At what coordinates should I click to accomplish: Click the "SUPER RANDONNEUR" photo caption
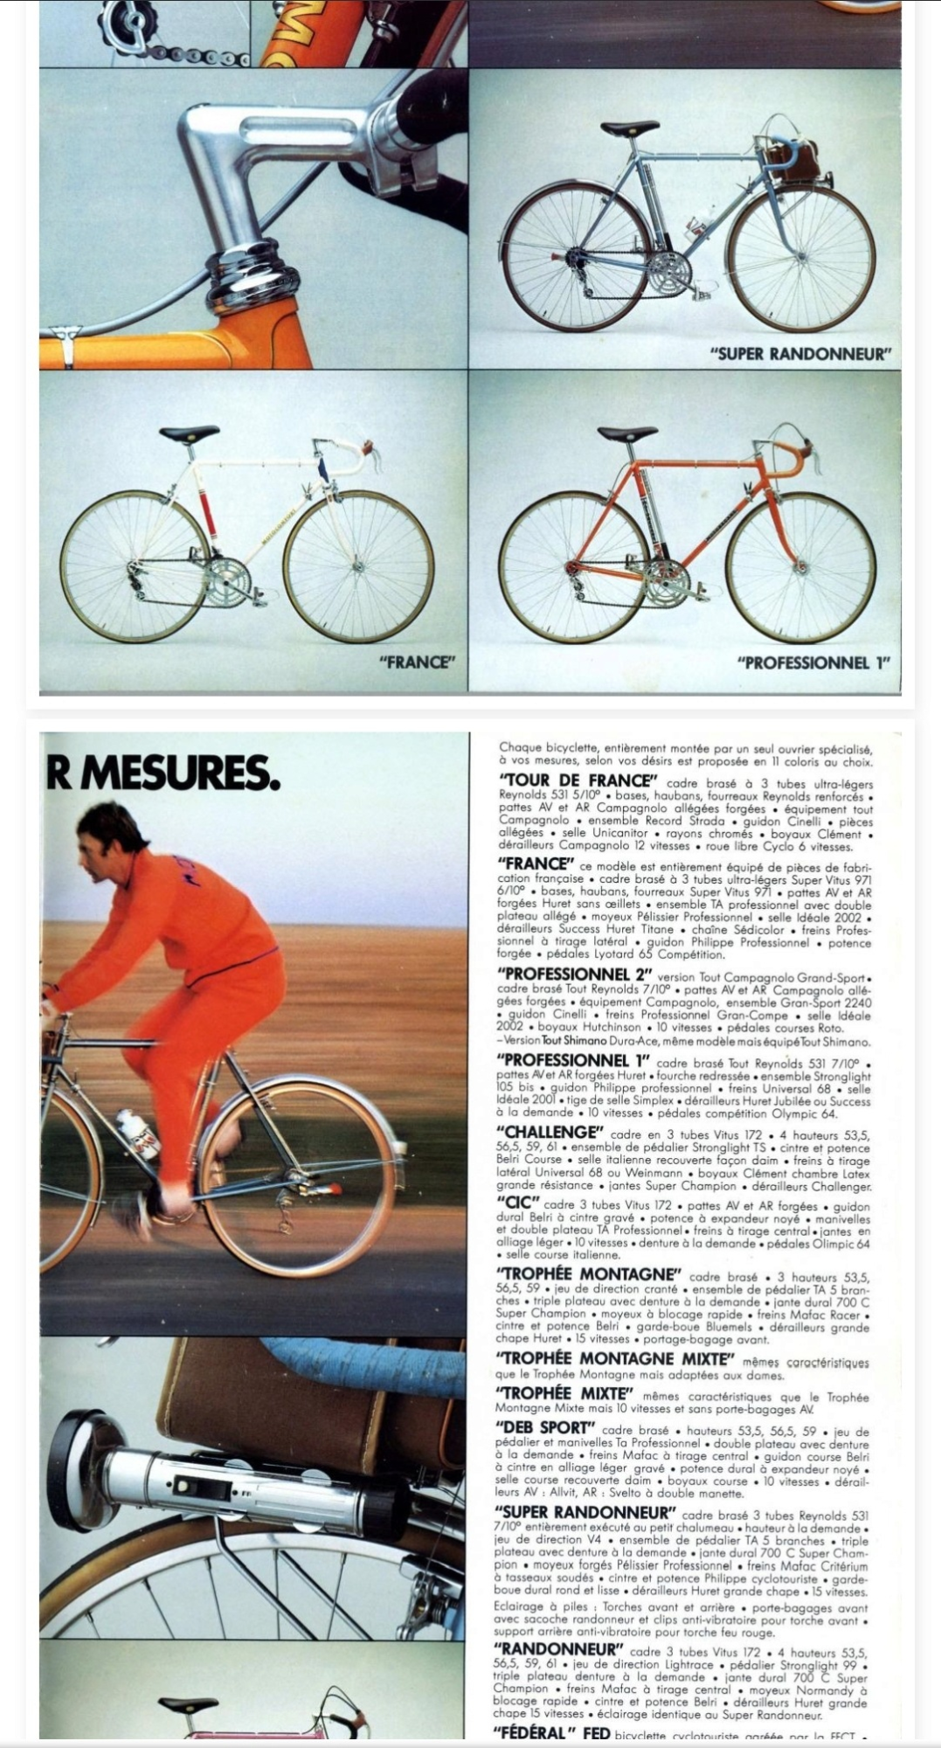(x=799, y=354)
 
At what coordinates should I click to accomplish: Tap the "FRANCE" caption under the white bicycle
(x=417, y=662)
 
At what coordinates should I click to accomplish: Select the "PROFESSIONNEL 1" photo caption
(x=813, y=662)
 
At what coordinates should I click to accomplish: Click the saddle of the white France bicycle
(x=189, y=434)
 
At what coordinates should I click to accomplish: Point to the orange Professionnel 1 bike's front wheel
(x=800, y=567)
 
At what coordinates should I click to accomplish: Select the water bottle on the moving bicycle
(x=138, y=1135)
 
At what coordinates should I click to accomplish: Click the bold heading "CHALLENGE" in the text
(x=549, y=1132)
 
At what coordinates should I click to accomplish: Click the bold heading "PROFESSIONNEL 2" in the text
(x=574, y=975)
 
